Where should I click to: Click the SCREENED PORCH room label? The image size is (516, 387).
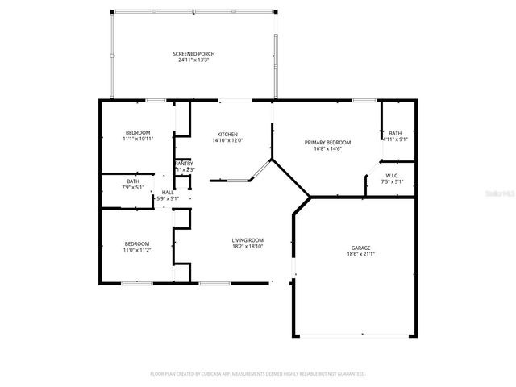(x=193, y=53)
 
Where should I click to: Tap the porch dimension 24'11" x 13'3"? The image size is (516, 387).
(x=193, y=59)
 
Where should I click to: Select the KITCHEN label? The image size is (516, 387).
(x=227, y=134)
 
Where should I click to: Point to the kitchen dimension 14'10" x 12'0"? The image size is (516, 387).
(x=227, y=140)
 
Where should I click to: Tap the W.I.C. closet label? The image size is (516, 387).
(x=392, y=176)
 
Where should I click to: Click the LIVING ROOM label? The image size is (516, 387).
(x=248, y=240)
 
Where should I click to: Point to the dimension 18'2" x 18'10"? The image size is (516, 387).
(x=248, y=246)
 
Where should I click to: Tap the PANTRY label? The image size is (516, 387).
(x=184, y=164)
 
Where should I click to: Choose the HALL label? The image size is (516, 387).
(x=168, y=193)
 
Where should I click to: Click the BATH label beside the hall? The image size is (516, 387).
(x=133, y=181)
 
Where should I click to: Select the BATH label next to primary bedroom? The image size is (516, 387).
(x=395, y=134)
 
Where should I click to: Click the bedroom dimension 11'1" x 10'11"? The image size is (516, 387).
(x=137, y=139)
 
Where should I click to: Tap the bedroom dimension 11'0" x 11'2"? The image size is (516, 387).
(x=137, y=250)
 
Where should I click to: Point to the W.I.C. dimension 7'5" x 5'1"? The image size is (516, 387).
(x=392, y=181)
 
